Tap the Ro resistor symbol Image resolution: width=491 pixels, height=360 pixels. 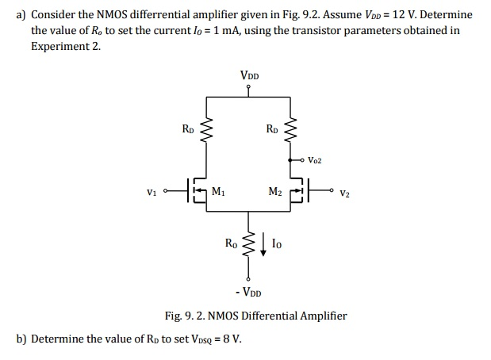249,245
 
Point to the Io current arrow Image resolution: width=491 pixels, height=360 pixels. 263,245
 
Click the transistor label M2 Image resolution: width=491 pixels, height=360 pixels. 275,191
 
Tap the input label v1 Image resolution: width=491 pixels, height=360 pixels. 152,191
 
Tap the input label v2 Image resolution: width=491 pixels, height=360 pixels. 343,192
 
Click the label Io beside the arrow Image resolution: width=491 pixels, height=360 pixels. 276,244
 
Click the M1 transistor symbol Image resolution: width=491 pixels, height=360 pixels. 199,191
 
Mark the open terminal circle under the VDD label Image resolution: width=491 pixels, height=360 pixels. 249,88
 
